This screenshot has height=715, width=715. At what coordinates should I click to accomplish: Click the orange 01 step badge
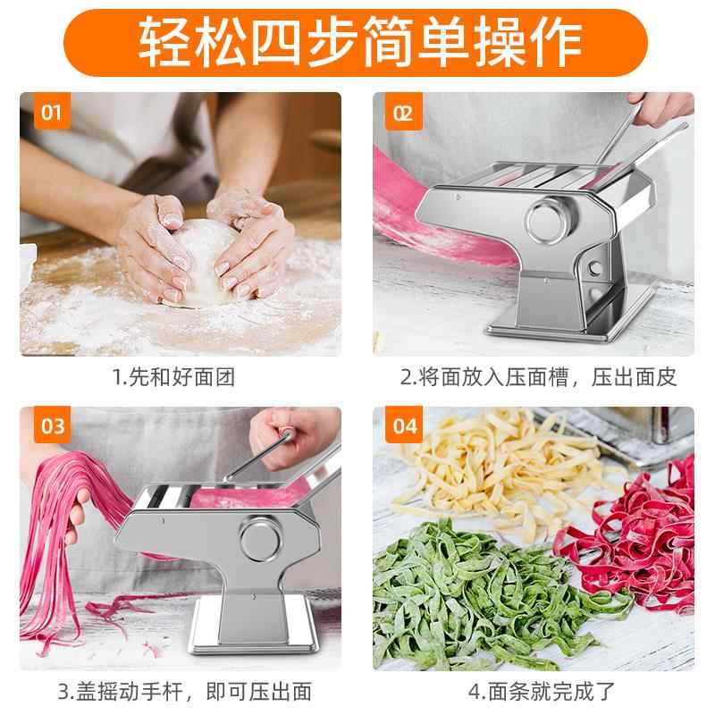pos(51,113)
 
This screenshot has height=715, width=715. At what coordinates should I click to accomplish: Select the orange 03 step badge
pos(51,426)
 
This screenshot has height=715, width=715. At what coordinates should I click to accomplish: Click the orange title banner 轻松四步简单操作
pos(357,38)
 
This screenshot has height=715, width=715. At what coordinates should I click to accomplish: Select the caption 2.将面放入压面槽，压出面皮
pos(536,376)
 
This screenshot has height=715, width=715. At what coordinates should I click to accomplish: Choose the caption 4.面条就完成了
pos(536,691)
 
